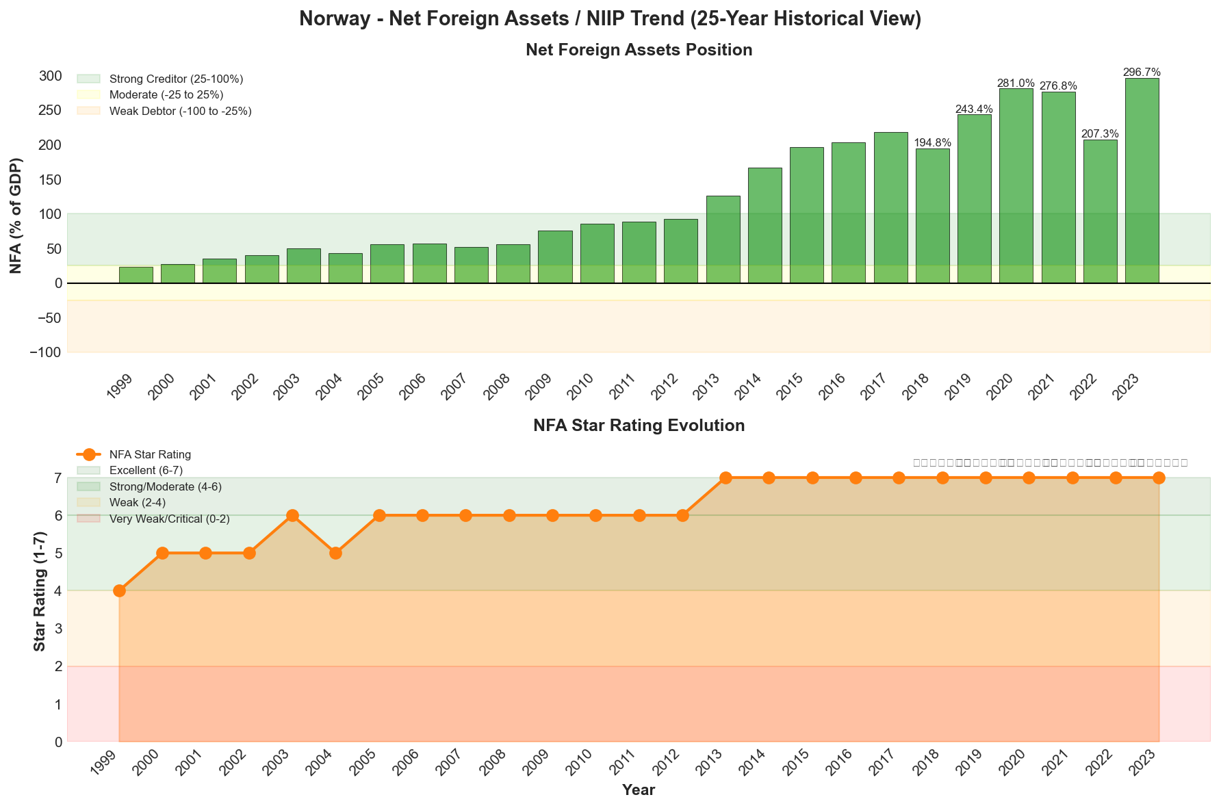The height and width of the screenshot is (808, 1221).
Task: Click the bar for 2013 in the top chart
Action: (x=723, y=239)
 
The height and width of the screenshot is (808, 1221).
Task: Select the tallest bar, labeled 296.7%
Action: (x=1142, y=181)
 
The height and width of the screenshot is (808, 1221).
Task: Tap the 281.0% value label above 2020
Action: (x=1016, y=83)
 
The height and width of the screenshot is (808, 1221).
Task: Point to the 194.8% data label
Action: (x=932, y=143)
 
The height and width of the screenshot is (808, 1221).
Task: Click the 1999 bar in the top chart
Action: (x=136, y=275)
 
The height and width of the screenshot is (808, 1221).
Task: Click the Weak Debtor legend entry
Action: (x=180, y=111)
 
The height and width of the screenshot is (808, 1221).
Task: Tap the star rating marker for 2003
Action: (x=292, y=515)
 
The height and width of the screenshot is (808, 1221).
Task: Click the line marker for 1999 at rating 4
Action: (x=119, y=590)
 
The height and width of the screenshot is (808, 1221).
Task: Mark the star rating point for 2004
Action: (x=335, y=553)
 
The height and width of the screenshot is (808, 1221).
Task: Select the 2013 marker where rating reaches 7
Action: (x=725, y=478)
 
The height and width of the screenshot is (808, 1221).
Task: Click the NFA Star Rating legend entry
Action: (x=150, y=454)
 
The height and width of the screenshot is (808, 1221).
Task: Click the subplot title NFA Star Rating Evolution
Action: (x=639, y=426)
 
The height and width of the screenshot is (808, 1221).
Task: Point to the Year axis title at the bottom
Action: (x=639, y=790)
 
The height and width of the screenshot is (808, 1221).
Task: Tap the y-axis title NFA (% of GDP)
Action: (x=16, y=216)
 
